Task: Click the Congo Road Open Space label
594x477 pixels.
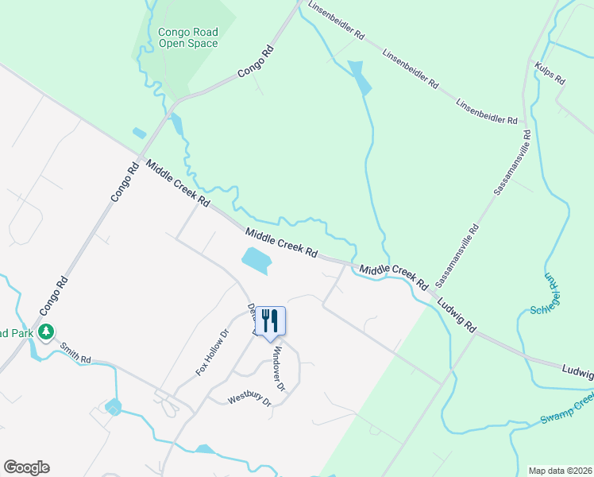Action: point(187,37)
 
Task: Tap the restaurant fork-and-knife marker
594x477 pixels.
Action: point(270,321)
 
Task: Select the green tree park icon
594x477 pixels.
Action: point(46,332)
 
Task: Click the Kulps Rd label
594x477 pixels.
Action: point(550,74)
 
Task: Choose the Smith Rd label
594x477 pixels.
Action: point(75,353)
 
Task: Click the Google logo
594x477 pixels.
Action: point(26,467)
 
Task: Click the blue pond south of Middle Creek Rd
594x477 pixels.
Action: point(255,259)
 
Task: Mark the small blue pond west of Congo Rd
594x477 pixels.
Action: point(140,133)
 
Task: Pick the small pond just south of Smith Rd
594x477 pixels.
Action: point(113,408)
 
